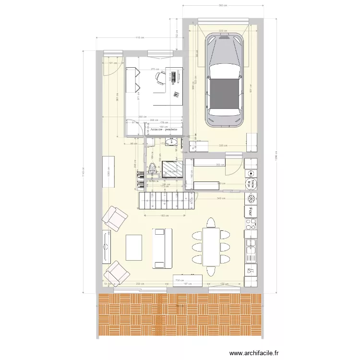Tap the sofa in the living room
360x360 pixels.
tap(162, 248)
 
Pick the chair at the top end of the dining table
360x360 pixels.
tap(211, 223)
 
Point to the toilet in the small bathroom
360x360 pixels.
tap(153, 168)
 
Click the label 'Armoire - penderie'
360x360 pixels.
tap(164, 130)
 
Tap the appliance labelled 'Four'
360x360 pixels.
tap(251, 211)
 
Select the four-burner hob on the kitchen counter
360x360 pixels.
tap(251, 224)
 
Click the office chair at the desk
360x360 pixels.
tap(161, 77)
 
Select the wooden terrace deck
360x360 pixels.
tap(180, 314)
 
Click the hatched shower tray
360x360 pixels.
tap(173, 168)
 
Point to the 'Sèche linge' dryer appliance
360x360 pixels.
tap(251, 184)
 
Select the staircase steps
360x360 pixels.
tap(166, 199)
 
